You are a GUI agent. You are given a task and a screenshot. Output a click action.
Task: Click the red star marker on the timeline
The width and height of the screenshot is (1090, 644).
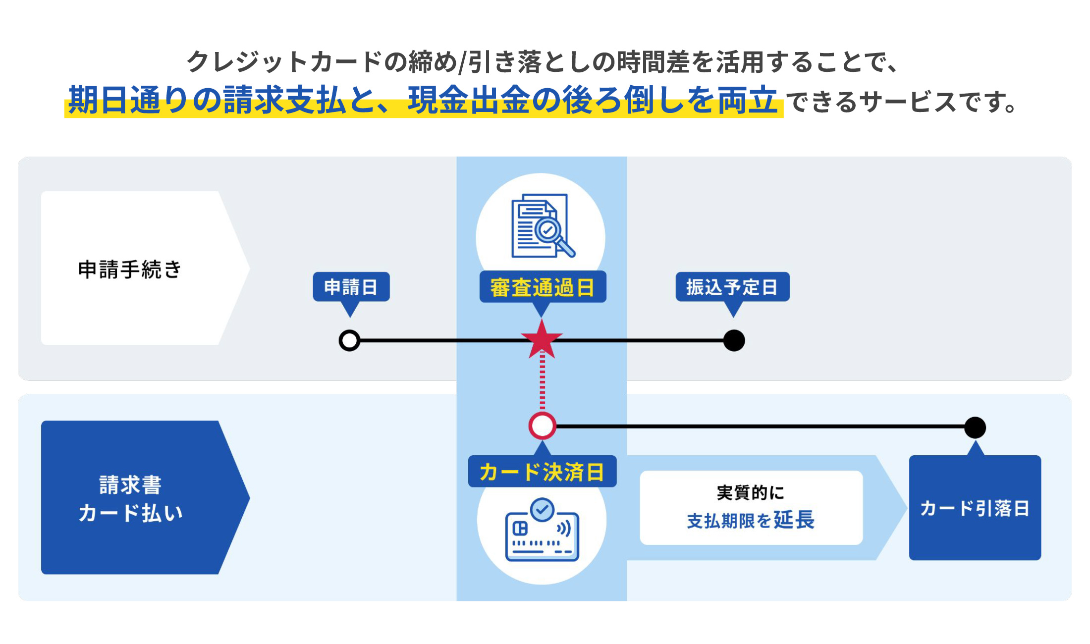[542, 340]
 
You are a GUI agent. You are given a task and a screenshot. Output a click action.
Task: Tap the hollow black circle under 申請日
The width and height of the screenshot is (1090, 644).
[349, 341]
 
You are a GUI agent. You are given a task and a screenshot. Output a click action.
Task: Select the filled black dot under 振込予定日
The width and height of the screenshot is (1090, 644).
[734, 341]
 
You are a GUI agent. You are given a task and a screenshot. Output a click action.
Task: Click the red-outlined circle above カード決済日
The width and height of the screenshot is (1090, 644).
[543, 426]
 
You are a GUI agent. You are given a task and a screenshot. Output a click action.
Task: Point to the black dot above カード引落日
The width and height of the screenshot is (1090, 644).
[975, 427]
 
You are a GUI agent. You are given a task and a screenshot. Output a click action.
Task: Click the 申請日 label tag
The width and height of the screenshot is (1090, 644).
[351, 287]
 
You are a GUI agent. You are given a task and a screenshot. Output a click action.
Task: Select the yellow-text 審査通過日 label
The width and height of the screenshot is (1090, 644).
[543, 287]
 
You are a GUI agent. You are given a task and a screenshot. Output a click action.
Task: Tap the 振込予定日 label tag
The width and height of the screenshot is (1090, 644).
[732, 287]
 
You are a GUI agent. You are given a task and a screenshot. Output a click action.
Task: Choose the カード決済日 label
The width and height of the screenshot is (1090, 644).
[542, 472]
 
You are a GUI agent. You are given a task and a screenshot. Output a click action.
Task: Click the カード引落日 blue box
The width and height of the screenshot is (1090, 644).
[975, 508]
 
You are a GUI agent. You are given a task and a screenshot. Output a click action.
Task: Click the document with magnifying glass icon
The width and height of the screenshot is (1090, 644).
[542, 226]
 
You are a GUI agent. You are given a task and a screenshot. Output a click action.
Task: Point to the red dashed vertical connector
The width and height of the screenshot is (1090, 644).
[542, 381]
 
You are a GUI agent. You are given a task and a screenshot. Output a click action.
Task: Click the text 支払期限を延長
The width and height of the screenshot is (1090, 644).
[751, 520]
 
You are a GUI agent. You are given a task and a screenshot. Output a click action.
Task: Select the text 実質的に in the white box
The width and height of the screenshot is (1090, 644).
[751, 492]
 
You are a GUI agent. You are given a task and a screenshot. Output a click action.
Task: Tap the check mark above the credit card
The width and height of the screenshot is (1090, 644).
[542, 509]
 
